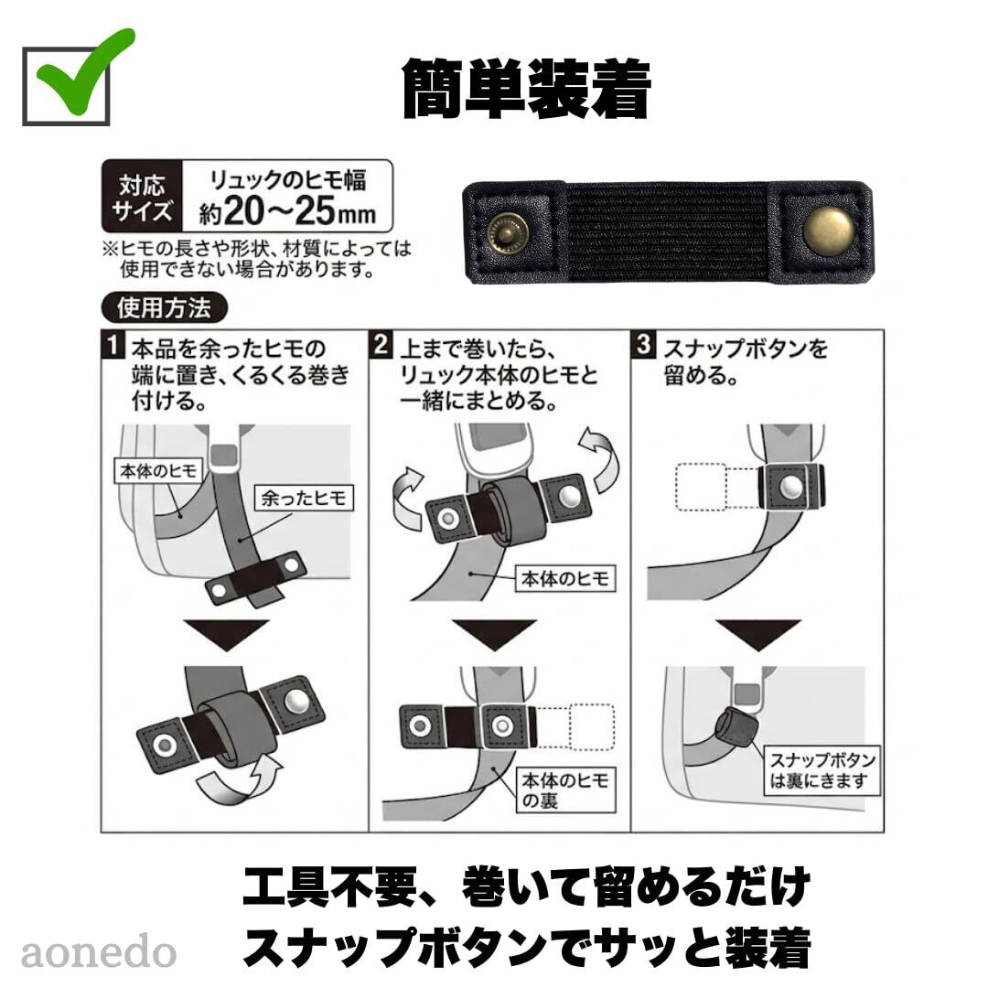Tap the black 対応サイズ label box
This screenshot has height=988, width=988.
click(142, 197)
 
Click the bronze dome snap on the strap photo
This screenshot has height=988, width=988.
click(829, 231)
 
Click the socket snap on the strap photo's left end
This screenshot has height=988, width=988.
click(508, 231)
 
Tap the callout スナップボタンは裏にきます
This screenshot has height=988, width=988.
click(822, 771)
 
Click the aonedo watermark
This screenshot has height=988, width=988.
click(98, 952)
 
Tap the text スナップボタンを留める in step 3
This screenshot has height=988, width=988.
click(745, 361)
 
